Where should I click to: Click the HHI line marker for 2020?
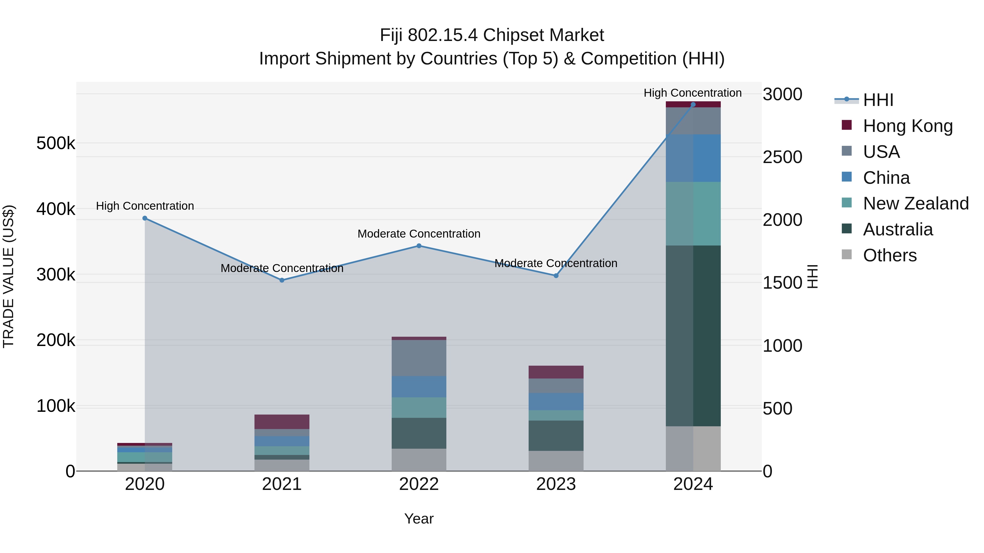click(145, 218)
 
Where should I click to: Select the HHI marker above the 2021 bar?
click(282, 280)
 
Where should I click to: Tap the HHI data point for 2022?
click(419, 246)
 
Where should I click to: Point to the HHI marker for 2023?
click(556, 276)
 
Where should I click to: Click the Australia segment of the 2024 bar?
click(693, 336)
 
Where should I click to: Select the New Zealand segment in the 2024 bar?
click(693, 214)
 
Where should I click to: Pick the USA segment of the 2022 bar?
click(419, 358)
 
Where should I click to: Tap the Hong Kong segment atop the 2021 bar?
click(282, 422)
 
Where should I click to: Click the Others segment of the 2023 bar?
click(556, 461)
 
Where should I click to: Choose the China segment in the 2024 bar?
click(693, 158)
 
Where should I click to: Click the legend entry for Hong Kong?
click(907, 126)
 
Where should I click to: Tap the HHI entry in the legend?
click(878, 100)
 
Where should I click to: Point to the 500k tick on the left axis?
click(56, 143)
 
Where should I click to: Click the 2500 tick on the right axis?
click(782, 157)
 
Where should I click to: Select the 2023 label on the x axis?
click(556, 484)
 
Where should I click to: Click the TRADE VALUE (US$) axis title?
click(8, 276)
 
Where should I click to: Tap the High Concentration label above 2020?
click(145, 206)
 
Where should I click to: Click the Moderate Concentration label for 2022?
click(419, 233)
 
